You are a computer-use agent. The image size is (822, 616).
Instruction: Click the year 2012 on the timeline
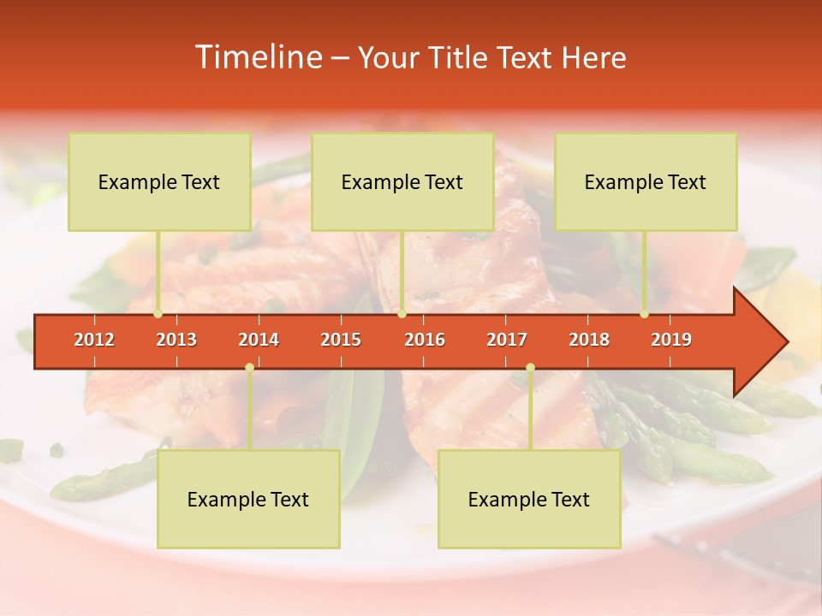pyautogui.click(x=94, y=340)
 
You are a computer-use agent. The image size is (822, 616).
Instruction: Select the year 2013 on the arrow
pyautogui.click(x=176, y=340)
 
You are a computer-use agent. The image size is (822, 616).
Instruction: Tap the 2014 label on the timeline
pyautogui.click(x=259, y=340)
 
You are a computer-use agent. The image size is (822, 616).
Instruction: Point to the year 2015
pyautogui.click(x=341, y=340)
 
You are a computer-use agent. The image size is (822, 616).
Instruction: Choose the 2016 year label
pyautogui.click(x=425, y=340)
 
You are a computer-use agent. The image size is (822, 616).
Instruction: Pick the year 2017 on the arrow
pyautogui.click(x=507, y=340)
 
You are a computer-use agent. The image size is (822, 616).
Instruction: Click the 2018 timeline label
pyautogui.click(x=589, y=340)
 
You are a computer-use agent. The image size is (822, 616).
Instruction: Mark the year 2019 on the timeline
pyautogui.click(x=671, y=340)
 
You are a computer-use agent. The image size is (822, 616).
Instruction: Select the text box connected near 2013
pyautogui.click(x=159, y=181)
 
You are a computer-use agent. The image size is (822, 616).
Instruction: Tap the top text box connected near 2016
pyautogui.click(x=402, y=181)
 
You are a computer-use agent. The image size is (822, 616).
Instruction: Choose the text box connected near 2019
pyautogui.click(x=646, y=181)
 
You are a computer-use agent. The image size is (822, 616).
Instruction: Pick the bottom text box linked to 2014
pyautogui.click(x=248, y=499)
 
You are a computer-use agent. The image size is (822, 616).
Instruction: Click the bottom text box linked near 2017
pyautogui.click(x=529, y=499)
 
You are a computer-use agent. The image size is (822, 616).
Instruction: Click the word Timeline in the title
pyautogui.click(x=257, y=57)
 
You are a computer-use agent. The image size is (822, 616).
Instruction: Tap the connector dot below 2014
pyautogui.click(x=249, y=368)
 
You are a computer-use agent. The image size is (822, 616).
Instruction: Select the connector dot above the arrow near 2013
pyautogui.click(x=158, y=314)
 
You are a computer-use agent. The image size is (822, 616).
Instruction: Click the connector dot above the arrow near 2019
pyautogui.click(x=644, y=314)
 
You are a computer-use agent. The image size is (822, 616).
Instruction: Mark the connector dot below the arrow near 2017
pyautogui.click(x=530, y=368)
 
